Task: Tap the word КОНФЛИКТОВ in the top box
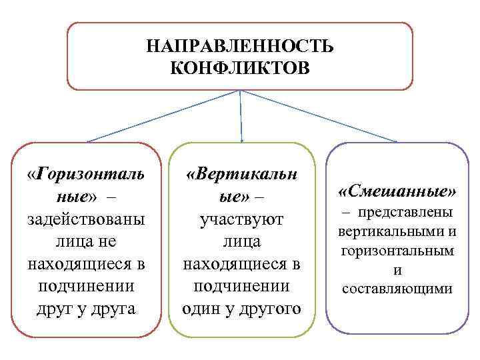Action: point(240,68)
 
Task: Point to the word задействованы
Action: point(85,220)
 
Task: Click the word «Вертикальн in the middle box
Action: point(241,175)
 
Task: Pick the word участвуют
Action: point(241,220)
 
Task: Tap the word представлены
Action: point(406,213)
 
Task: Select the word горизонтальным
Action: point(397,251)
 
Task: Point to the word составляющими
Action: point(397,289)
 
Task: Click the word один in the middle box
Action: point(205,309)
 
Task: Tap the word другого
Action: point(266,309)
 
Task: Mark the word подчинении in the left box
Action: point(85,287)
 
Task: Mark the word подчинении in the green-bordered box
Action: point(241,287)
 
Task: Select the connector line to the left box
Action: point(163,116)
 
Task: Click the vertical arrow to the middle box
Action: point(241,117)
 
